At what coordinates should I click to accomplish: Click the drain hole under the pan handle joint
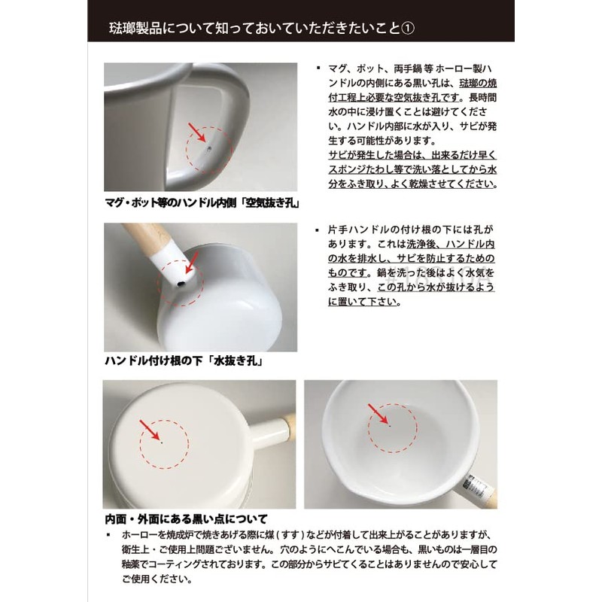point(181,283)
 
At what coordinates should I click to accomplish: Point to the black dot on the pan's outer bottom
point(163,443)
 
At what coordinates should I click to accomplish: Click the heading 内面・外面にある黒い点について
point(186,519)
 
